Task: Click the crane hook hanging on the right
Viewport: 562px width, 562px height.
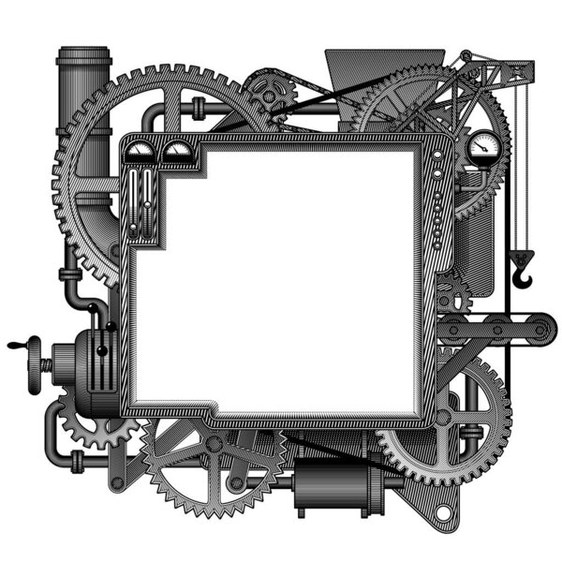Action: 523,272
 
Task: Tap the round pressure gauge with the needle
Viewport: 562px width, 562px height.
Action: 483,144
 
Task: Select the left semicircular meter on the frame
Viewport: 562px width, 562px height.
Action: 140,150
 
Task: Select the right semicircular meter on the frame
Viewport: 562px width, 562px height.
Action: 175,150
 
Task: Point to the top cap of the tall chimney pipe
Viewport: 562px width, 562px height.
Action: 83,56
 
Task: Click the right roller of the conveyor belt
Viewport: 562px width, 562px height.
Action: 540,329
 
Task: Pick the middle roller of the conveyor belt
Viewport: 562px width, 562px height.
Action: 495,329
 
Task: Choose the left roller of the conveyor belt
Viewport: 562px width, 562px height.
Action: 452,329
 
